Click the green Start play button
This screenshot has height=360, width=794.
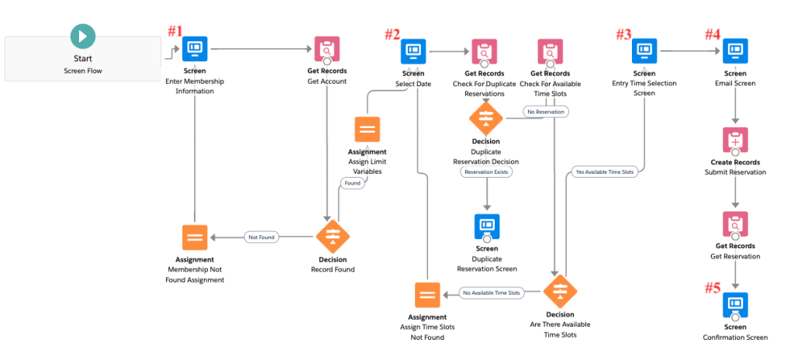click(x=83, y=36)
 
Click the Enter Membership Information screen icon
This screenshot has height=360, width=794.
click(x=195, y=50)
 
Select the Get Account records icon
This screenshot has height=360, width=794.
click(x=326, y=50)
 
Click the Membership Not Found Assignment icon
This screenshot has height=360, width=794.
click(x=195, y=237)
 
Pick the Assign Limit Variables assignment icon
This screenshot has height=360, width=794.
click(x=367, y=129)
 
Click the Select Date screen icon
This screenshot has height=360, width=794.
click(x=413, y=51)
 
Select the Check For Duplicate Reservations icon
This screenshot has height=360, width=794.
click(x=485, y=51)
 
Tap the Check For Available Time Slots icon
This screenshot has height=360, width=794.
click(x=550, y=51)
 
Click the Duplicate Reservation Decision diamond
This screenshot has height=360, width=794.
click(x=485, y=118)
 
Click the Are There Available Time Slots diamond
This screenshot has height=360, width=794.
click(x=559, y=292)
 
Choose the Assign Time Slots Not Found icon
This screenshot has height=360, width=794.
click(x=426, y=294)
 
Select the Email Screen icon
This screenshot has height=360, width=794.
click(x=734, y=51)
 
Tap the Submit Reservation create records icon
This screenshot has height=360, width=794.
click(x=734, y=140)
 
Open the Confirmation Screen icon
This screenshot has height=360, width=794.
click(x=734, y=304)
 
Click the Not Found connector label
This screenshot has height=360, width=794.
click(x=261, y=237)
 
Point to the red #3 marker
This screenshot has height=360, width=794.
click(x=623, y=34)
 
